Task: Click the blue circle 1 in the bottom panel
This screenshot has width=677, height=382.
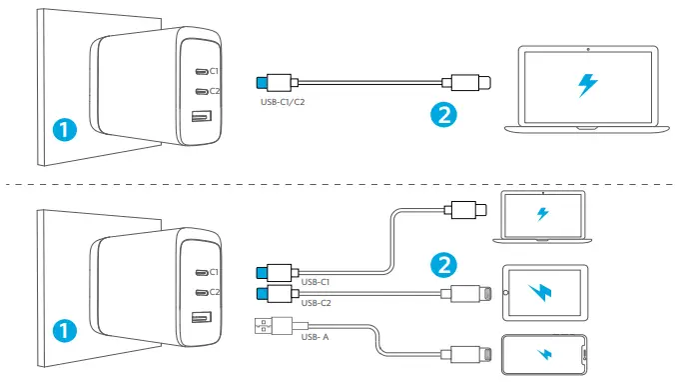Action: click(x=64, y=329)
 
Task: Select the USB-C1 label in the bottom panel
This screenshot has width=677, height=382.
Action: click(x=315, y=283)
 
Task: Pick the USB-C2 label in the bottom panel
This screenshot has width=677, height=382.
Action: click(x=315, y=301)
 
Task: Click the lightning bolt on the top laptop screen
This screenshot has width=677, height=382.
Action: click(x=587, y=86)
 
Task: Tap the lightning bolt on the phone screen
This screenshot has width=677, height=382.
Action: click(x=543, y=354)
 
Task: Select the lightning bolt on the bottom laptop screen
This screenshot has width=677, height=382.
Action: click(x=542, y=214)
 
